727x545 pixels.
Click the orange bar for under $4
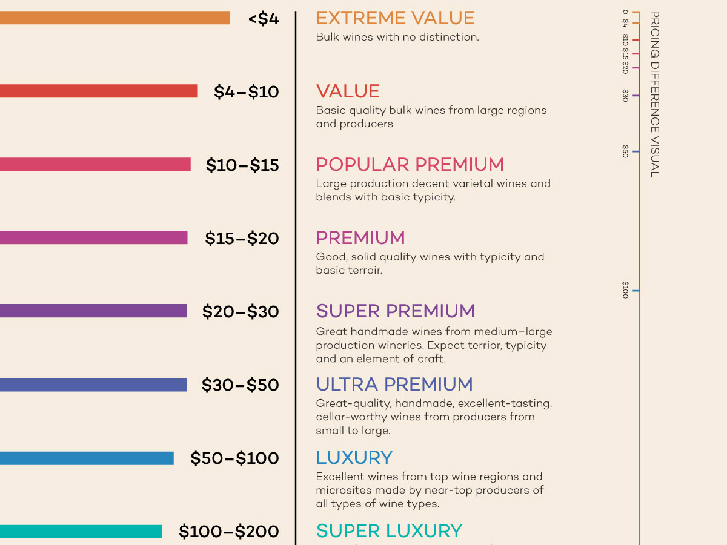click(115, 18)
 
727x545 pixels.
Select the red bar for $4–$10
click(99, 91)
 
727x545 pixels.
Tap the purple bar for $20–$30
click(93, 311)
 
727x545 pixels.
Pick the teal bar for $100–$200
click(81, 532)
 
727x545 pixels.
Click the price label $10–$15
click(242, 165)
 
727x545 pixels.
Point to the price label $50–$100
click(234, 458)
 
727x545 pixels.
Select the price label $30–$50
click(240, 385)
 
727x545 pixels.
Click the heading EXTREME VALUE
click(396, 18)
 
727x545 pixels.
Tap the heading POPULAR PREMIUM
click(410, 165)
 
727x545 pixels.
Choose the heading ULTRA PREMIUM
click(394, 384)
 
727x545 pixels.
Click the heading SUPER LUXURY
click(389, 531)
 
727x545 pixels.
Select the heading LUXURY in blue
click(354, 458)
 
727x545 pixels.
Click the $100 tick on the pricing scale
click(636, 291)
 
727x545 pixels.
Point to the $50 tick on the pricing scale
click(636, 151)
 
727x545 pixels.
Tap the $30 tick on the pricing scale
click(636, 96)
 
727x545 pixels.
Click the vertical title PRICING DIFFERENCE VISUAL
click(655, 94)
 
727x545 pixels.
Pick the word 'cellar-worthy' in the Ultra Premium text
click(351, 417)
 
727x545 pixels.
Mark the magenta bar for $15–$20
click(94, 237)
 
